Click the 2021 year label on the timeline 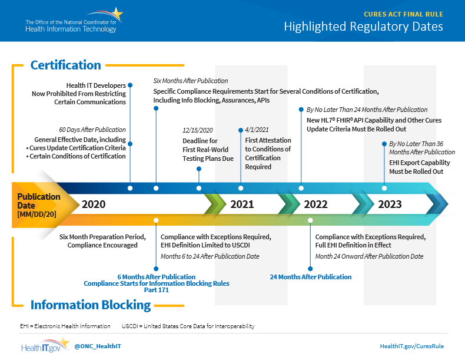click(242, 204)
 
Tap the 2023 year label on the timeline click(390, 204)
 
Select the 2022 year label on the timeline click(315, 204)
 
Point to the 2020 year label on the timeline click(94, 204)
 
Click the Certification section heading click(65, 65)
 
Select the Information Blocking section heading click(91, 305)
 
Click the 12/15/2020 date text click(198, 130)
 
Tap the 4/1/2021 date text click(257, 130)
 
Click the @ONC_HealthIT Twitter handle click(98, 346)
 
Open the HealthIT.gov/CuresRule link click(411, 346)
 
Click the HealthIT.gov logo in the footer click(45, 345)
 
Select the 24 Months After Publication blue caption click(311, 277)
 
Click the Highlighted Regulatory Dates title click(363, 27)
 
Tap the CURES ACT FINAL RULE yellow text click(403, 14)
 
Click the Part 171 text click(157, 290)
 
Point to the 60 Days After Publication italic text click(92, 130)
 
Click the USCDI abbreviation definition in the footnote click(188, 326)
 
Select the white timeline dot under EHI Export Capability click(384, 188)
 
